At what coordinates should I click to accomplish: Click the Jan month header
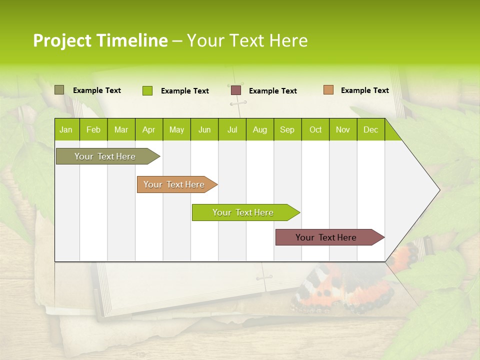[x=66, y=129]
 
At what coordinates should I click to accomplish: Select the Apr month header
[x=148, y=129]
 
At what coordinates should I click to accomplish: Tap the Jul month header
[x=232, y=129]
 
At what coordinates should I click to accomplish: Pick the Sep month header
[x=287, y=129]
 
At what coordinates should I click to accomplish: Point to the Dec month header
[x=370, y=129]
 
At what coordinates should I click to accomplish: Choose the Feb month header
[x=93, y=129]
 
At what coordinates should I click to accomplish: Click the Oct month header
[x=315, y=129]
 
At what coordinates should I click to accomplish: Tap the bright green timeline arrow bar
[x=243, y=212]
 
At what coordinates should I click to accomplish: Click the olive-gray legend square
[x=59, y=90]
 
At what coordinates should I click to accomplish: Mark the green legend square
[x=147, y=90]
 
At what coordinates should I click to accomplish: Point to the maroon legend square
[x=236, y=90]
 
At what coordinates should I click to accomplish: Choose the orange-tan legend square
[x=328, y=90]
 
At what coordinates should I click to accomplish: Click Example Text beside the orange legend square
[x=364, y=90]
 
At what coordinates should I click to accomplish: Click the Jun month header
[x=204, y=129]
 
